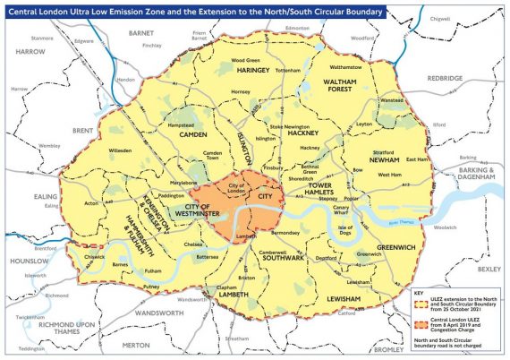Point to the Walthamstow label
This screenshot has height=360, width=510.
click(344, 67)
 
